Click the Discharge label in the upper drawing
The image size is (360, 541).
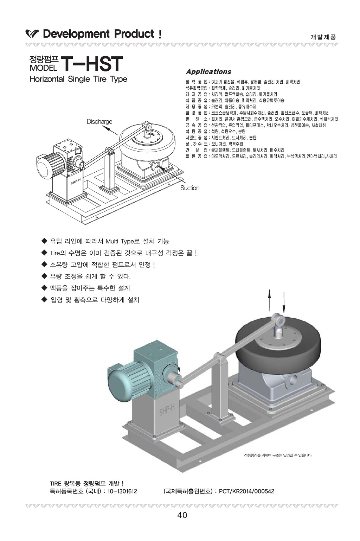99,122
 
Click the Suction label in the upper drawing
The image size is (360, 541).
190,188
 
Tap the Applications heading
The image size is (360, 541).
208,72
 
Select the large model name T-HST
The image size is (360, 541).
92,64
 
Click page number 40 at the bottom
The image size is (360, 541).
182,516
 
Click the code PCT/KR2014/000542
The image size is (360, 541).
246,491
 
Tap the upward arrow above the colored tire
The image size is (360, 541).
270,299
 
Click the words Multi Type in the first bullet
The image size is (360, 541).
118,241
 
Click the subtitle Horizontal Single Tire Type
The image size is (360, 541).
78,79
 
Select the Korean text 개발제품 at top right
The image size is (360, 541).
323,37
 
